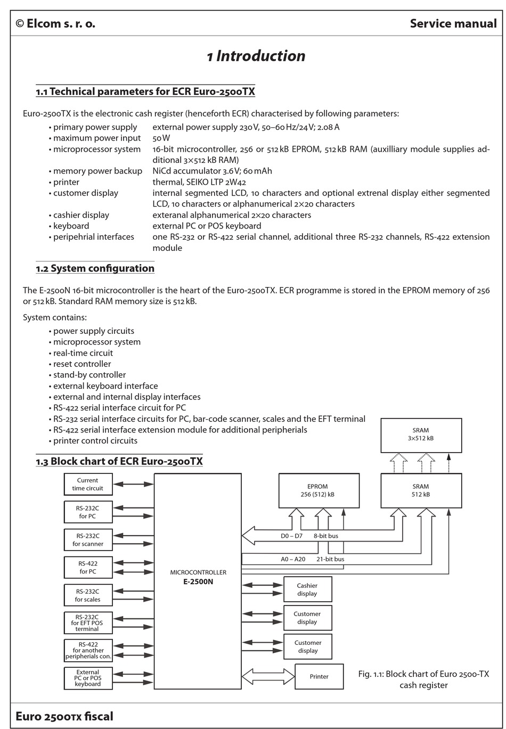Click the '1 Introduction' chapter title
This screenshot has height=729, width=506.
(256, 56)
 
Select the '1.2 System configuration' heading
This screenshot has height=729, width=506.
(95, 268)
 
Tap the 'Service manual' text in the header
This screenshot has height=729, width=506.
(453, 23)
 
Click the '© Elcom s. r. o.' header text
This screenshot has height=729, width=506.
(55, 23)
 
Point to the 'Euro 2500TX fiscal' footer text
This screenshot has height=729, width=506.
(64, 716)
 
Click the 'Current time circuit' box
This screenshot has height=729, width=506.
(87, 484)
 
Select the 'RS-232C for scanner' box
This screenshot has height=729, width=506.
(88, 539)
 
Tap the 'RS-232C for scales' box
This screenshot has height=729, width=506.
(88, 595)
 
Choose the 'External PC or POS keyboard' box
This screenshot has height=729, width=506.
(88, 678)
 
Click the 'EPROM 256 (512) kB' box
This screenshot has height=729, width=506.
(319, 490)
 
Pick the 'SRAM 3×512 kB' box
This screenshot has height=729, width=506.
(421, 435)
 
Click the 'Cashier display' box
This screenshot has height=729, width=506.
(307, 589)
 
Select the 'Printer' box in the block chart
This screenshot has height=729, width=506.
(319, 676)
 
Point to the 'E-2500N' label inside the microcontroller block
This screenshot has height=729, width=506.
(198, 582)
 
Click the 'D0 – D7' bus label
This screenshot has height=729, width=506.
(291, 536)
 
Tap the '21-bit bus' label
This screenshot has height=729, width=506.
(330, 559)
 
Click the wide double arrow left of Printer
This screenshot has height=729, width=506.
(268, 676)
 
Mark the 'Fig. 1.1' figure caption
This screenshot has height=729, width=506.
(423, 679)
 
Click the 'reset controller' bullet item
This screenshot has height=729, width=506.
(82, 364)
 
